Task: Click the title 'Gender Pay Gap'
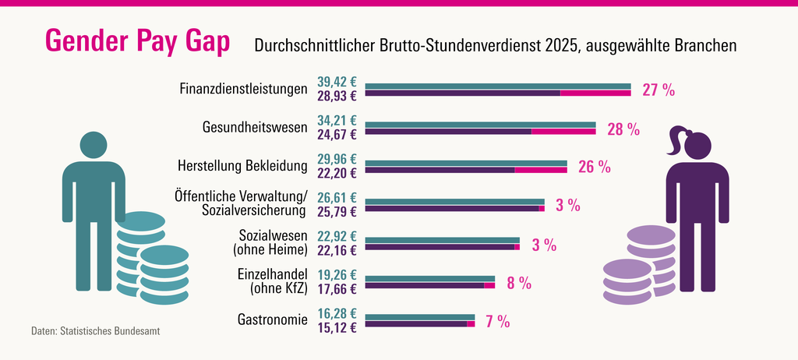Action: click(x=137, y=43)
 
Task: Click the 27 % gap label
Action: click(x=658, y=90)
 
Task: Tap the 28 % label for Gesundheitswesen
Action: click(x=623, y=129)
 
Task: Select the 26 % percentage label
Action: click(x=594, y=167)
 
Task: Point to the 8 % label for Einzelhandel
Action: click(x=519, y=283)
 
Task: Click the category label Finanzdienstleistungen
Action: click(x=243, y=89)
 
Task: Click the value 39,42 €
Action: click(x=337, y=82)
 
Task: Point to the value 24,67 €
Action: click(x=337, y=135)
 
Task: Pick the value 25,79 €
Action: click(x=337, y=212)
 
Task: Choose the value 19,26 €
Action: click(x=337, y=275)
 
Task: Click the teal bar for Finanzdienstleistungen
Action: click(x=497, y=86)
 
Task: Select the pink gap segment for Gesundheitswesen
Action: click(x=563, y=132)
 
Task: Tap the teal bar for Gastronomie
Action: click(x=419, y=317)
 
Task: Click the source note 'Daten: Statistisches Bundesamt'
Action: click(x=96, y=331)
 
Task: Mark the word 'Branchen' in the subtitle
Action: click(x=706, y=47)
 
